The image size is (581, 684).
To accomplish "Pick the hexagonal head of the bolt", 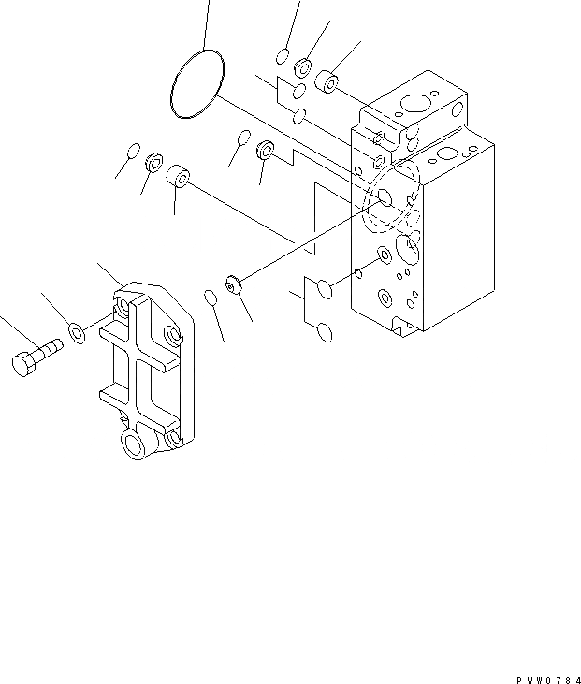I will tap(23, 364).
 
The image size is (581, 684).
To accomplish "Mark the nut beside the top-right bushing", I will tap(302, 66).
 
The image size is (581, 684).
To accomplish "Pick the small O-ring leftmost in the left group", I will tap(134, 151).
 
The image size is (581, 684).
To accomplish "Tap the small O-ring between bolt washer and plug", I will tap(211, 298).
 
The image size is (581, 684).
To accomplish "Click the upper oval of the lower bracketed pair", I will tap(322, 289).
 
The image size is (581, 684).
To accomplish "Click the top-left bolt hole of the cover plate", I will tap(123, 305).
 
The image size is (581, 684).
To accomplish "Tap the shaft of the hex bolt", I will tap(46, 351).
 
